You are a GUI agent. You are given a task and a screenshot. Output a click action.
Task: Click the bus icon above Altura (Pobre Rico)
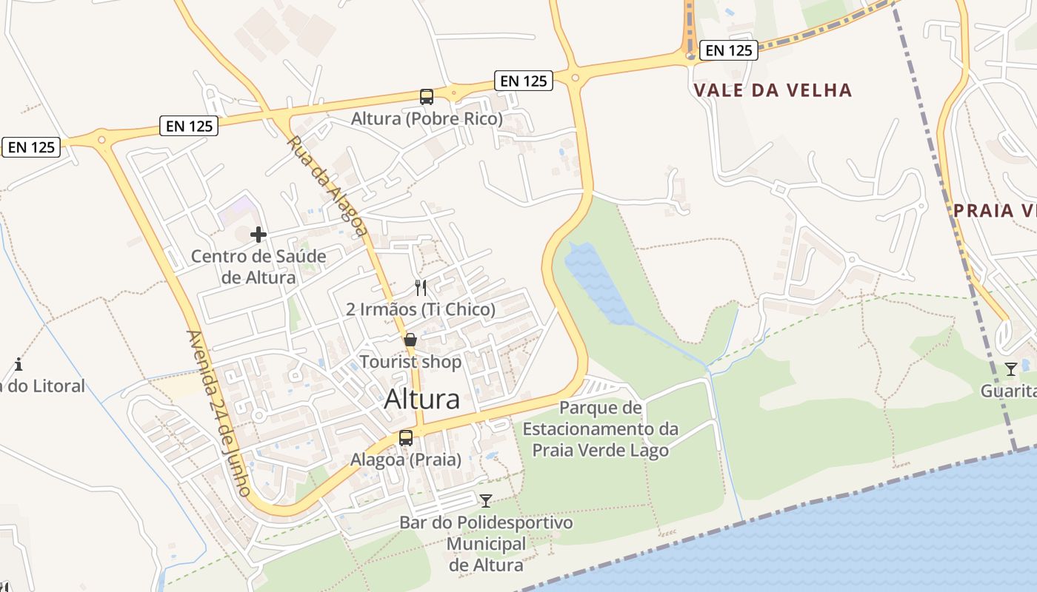[x=427, y=96]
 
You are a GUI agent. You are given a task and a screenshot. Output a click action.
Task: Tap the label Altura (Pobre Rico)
[x=427, y=118]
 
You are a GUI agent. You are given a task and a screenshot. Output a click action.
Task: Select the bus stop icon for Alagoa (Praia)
[x=406, y=437]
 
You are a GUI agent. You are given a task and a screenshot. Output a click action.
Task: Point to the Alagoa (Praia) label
[x=406, y=460]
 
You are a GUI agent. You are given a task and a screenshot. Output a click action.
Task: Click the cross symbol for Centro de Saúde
[x=259, y=235]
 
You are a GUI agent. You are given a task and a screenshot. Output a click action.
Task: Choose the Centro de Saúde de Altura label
[x=259, y=267]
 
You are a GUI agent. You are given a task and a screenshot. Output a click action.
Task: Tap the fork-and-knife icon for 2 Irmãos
[x=421, y=287]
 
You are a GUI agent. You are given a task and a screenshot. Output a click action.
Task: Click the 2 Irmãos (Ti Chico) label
[x=421, y=309]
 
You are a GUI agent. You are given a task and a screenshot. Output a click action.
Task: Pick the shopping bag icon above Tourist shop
[x=410, y=340]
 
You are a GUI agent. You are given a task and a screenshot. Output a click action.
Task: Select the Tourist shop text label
[x=410, y=362]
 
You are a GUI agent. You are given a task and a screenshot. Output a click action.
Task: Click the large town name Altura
[x=422, y=400]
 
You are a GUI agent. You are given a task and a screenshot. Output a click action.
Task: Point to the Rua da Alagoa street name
[x=327, y=186]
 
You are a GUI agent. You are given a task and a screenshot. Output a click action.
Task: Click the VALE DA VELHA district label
[x=773, y=90]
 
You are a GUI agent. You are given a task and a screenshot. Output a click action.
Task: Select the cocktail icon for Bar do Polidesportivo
[x=486, y=501]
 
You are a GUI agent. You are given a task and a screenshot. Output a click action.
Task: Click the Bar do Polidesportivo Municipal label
[x=486, y=544]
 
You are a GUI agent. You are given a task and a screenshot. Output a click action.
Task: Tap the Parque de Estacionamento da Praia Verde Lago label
[x=600, y=429]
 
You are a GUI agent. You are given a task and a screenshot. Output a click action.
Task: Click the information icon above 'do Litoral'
[x=19, y=364]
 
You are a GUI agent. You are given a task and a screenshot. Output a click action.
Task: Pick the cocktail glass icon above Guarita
[x=1011, y=369]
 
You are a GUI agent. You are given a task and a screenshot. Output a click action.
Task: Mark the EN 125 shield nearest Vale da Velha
[x=729, y=50]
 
